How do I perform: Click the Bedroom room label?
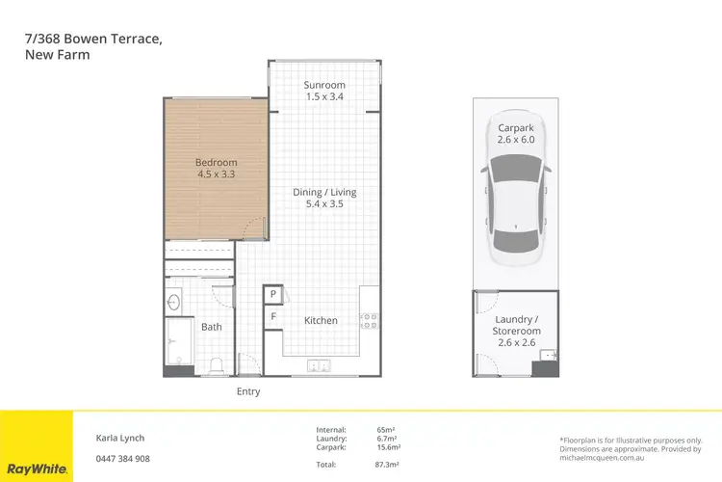tap(216, 169)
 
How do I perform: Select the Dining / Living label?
tap(324, 199)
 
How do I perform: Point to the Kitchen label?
tap(322, 321)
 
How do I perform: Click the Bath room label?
tap(212, 327)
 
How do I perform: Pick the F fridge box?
tap(273, 315)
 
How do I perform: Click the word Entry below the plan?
tap(248, 392)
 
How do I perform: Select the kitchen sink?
tap(319, 365)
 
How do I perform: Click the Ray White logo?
tap(36, 469)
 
